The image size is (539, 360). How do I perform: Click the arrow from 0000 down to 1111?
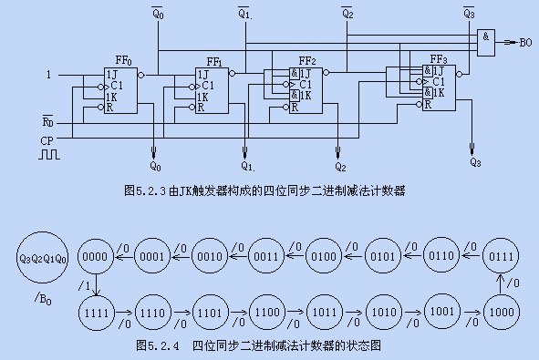point(97,284)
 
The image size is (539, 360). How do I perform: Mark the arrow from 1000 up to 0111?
point(501,283)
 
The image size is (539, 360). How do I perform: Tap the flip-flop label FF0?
point(123,61)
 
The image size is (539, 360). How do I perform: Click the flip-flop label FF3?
point(439,59)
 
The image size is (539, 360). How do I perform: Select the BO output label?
point(525,43)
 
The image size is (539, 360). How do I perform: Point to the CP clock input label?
point(47,141)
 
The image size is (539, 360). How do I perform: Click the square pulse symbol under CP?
point(49,154)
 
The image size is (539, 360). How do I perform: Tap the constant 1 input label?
point(48,75)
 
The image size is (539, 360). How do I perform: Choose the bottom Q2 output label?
point(340,167)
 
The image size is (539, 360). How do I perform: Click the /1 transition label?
point(85,285)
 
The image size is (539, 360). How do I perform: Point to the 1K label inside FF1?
point(202,98)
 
